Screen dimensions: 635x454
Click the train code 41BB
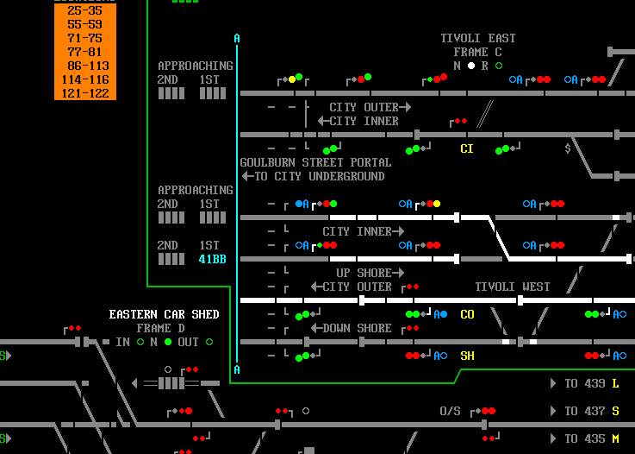click(x=212, y=259)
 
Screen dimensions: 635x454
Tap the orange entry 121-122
click(x=85, y=93)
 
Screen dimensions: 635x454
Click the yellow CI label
click(x=466, y=149)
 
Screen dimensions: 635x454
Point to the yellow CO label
click(x=467, y=314)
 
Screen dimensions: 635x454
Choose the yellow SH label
click(x=467, y=356)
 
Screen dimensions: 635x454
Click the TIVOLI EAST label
click(x=478, y=38)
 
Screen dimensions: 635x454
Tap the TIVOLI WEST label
click(x=513, y=287)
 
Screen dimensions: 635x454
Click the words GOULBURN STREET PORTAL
click(x=315, y=162)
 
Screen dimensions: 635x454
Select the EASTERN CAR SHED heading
click(x=164, y=314)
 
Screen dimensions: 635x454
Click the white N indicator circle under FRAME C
click(x=471, y=66)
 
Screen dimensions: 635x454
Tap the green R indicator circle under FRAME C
click(x=499, y=66)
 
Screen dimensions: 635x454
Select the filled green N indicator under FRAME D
click(x=168, y=342)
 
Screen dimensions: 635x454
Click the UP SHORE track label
click(x=364, y=273)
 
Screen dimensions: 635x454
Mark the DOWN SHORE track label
click(x=357, y=328)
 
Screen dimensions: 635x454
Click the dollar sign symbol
click(x=568, y=148)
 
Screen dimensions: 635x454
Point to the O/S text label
click(x=450, y=411)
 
